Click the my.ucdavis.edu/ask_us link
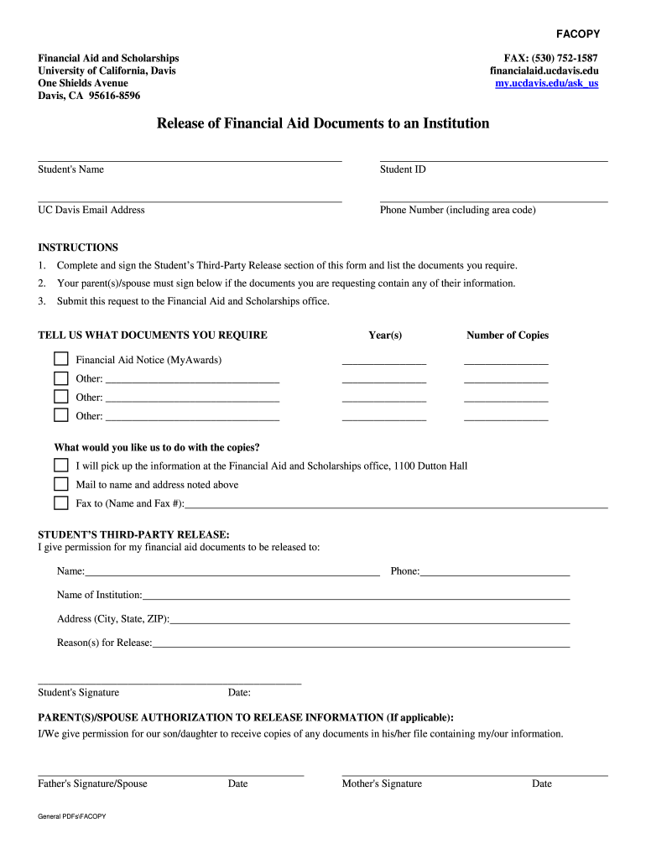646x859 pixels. [547, 84]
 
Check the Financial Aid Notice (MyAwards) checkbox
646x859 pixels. [61, 359]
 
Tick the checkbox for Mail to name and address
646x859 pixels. [61, 484]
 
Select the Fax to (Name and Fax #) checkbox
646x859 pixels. [61, 503]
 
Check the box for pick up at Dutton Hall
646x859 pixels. [61, 465]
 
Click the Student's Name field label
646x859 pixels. [70, 169]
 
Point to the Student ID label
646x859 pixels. [403, 169]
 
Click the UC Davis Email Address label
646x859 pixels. [91, 210]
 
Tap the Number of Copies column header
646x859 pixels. [507, 336]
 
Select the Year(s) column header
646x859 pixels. [385, 336]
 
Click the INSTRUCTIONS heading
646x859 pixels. [78, 247]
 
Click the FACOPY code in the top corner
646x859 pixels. [578, 34]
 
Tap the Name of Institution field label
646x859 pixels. [99, 595]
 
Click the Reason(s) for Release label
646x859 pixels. [104, 643]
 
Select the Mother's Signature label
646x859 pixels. [382, 784]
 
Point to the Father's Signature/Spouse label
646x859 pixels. [92, 784]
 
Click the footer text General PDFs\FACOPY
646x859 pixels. [71, 816]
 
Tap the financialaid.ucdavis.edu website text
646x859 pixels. [544, 71]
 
